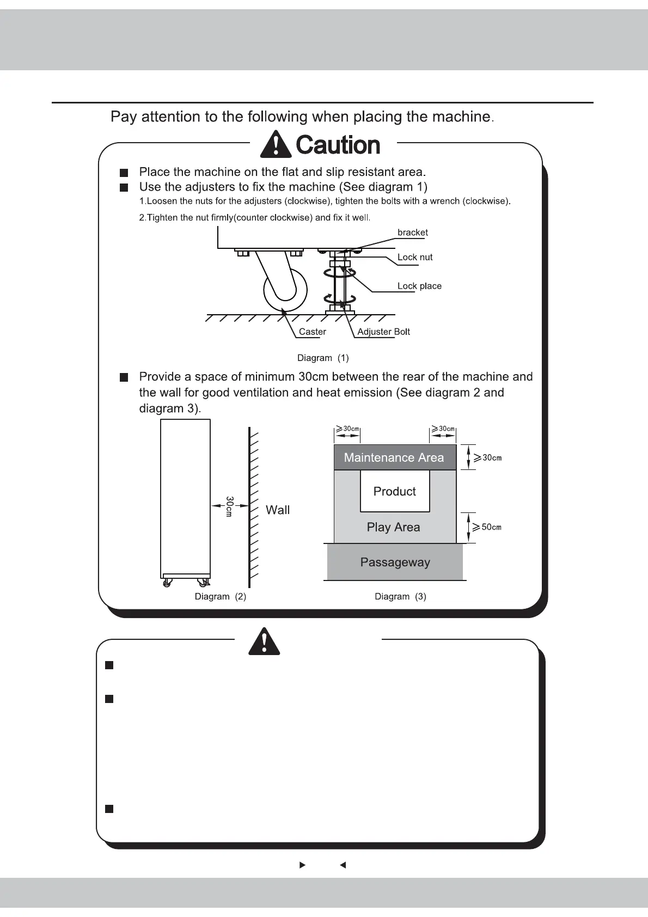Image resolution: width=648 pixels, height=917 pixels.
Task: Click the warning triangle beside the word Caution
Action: point(276,144)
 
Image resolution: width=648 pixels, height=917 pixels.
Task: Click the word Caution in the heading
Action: point(338,145)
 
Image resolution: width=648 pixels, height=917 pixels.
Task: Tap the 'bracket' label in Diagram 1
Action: point(412,233)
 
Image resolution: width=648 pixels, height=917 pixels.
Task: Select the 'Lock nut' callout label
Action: point(415,257)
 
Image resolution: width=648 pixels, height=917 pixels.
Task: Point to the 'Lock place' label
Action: point(419,286)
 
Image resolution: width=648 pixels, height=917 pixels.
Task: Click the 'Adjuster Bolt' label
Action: point(383,332)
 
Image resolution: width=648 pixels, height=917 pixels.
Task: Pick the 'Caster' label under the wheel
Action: point(313,332)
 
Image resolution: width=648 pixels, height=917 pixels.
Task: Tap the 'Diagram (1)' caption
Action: point(323,358)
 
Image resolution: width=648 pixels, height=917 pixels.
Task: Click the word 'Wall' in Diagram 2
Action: point(278,510)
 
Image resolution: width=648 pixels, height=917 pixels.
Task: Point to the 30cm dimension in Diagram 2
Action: point(229,506)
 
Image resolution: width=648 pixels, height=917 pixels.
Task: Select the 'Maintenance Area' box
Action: point(394,457)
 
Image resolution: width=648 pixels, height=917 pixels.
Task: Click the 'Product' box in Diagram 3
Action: point(395,491)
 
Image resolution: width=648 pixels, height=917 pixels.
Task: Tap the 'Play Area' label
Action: point(393,527)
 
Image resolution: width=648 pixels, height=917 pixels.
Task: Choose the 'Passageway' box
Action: point(395,563)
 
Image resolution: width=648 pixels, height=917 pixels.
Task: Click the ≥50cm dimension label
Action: point(487,527)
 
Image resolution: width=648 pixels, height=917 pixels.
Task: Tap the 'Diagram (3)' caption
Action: point(400,596)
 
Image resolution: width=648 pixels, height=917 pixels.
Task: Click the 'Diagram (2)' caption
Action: point(221,596)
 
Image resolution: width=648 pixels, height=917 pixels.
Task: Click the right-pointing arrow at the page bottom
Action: point(303,865)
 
